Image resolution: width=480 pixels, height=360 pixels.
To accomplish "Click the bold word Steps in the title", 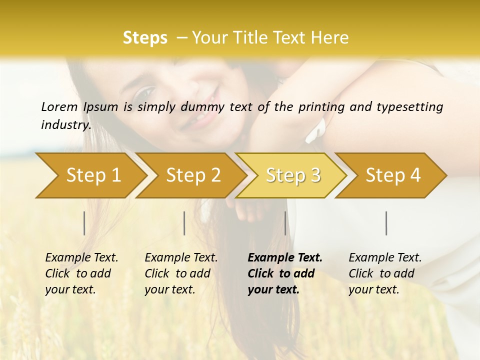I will (x=145, y=38).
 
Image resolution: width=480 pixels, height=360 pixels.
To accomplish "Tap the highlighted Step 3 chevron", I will (x=293, y=175).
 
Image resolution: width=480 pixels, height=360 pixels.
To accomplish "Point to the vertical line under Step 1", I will (x=84, y=223).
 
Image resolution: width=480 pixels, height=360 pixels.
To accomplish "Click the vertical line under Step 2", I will (x=184, y=223).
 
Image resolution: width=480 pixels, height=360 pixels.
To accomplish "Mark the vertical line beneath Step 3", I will (x=285, y=223).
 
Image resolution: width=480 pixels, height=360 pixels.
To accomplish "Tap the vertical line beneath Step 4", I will (x=386, y=223).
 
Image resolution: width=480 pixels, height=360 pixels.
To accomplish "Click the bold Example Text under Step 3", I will (x=285, y=273).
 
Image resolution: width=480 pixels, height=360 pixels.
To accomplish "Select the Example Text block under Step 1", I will (x=81, y=273).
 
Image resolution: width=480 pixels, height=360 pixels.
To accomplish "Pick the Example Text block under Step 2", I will (x=181, y=273).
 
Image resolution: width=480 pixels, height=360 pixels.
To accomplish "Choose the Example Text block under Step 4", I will (x=385, y=273).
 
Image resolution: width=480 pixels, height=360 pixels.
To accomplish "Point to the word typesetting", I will (x=409, y=107).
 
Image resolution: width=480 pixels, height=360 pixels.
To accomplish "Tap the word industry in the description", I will (x=65, y=124).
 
